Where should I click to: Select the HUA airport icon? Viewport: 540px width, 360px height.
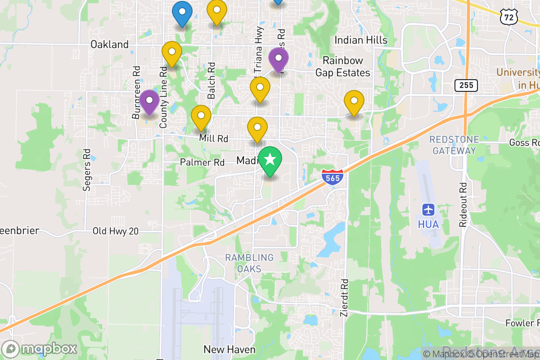click(x=427, y=210)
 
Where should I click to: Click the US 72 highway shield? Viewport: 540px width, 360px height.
click(x=508, y=17)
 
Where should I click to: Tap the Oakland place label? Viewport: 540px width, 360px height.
click(x=109, y=45)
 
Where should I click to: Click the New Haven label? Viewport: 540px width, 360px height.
click(x=229, y=349)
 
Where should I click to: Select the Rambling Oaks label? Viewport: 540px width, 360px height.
click(x=249, y=263)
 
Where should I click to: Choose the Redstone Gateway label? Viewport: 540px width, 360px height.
click(x=454, y=145)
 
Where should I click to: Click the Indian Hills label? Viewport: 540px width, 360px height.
click(x=361, y=40)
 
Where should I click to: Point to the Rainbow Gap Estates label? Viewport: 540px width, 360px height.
click(x=342, y=67)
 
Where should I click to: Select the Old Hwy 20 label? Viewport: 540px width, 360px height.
click(x=115, y=231)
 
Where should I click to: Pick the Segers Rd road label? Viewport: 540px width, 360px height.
click(x=87, y=170)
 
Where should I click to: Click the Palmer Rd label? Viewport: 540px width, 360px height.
click(x=202, y=162)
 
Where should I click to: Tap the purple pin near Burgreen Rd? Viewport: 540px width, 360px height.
click(x=149, y=102)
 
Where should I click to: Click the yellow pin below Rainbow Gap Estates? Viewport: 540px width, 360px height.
click(x=354, y=102)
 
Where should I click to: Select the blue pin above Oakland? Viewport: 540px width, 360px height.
click(x=182, y=13)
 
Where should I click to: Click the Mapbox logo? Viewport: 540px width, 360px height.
click(x=40, y=349)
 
